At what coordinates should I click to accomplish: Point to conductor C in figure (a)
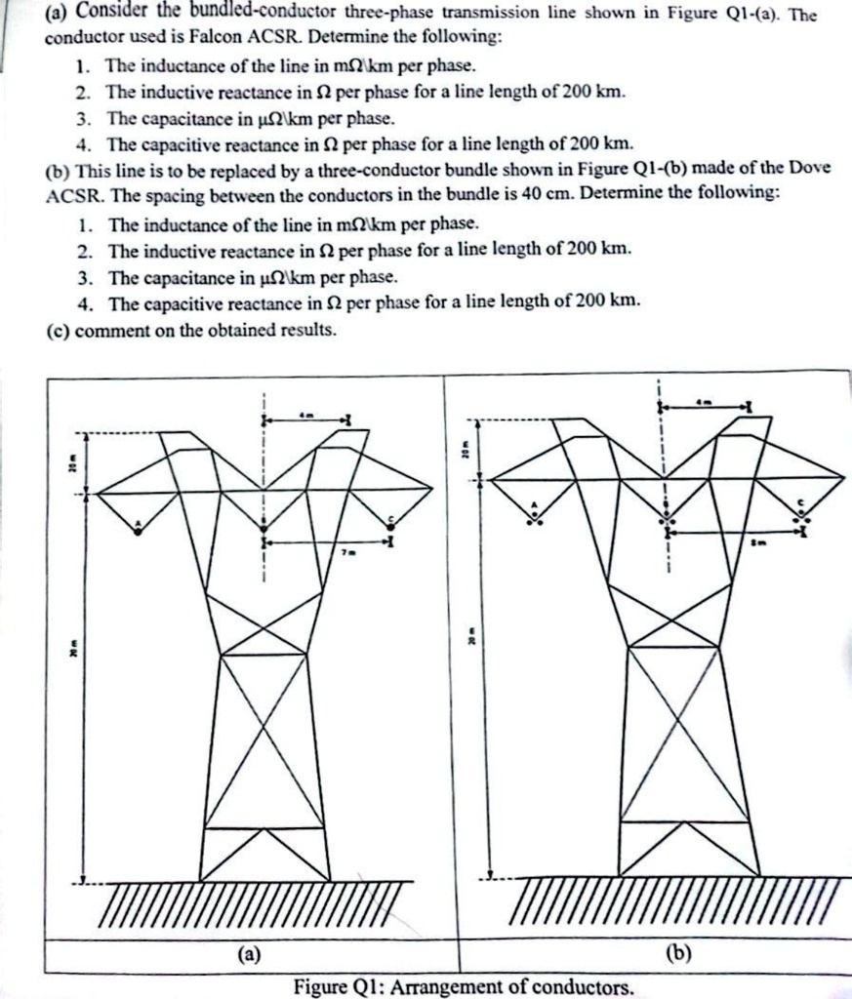[x=390, y=526]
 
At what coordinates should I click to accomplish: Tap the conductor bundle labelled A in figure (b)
[x=534, y=518]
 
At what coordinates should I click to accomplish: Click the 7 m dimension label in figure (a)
[x=345, y=553]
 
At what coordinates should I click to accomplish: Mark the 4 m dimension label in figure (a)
[x=305, y=415]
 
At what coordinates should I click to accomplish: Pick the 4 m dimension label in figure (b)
[x=703, y=401]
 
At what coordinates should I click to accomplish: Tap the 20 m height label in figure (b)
[x=467, y=451]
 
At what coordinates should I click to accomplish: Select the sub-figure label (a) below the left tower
[x=250, y=955]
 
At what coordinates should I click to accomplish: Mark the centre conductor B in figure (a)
[x=264, y=533]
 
